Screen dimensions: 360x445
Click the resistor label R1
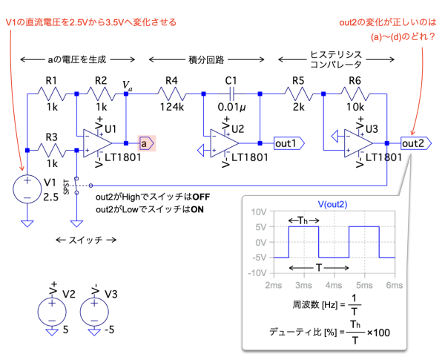51,80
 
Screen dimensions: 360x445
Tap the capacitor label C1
231,80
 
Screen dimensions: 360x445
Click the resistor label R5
298,80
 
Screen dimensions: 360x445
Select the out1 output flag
286,142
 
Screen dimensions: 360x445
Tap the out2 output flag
412,142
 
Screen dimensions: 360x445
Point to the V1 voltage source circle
26,191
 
